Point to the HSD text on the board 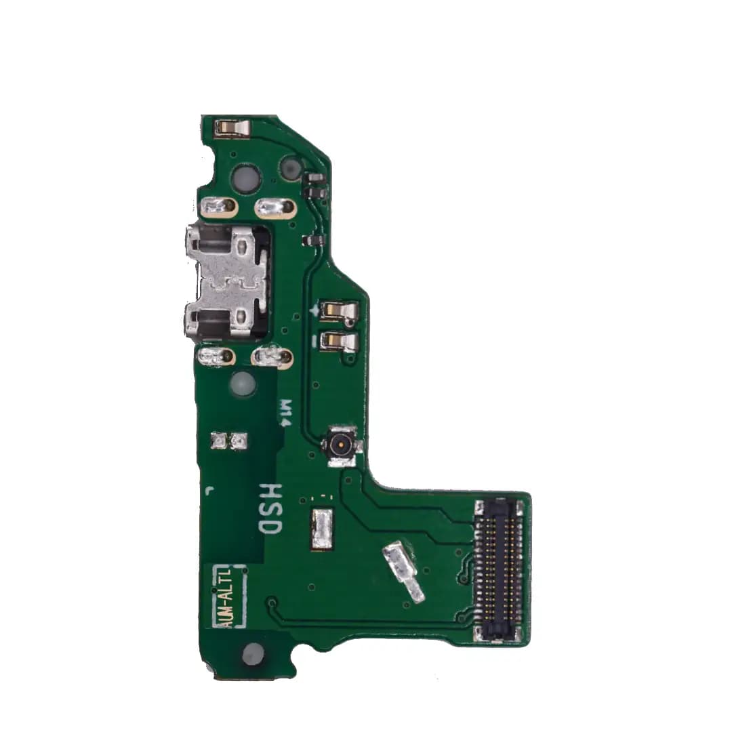click(x=270, y=509)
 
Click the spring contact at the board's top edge click(x=232, y=127)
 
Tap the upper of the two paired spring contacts click(x=340, y=311)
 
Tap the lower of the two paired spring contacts click(x=340, y=342)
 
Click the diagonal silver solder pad click(x=403, y=572)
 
